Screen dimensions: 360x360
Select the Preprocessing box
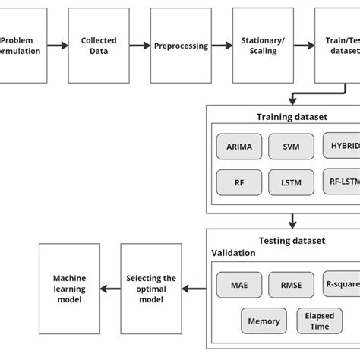pyautogui.click(x=181, y=46)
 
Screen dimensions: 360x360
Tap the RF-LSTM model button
pyautogui.click(x=341, y=182)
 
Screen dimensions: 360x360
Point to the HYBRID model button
pyautogui.click(x=341, y=145)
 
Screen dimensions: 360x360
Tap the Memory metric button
pyautogui.click(x=264, y=320)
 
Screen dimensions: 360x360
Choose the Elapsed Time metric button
pyautogui.click(x=318, y=320)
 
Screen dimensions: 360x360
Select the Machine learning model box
pyautogui.click(x=68, y=289)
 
